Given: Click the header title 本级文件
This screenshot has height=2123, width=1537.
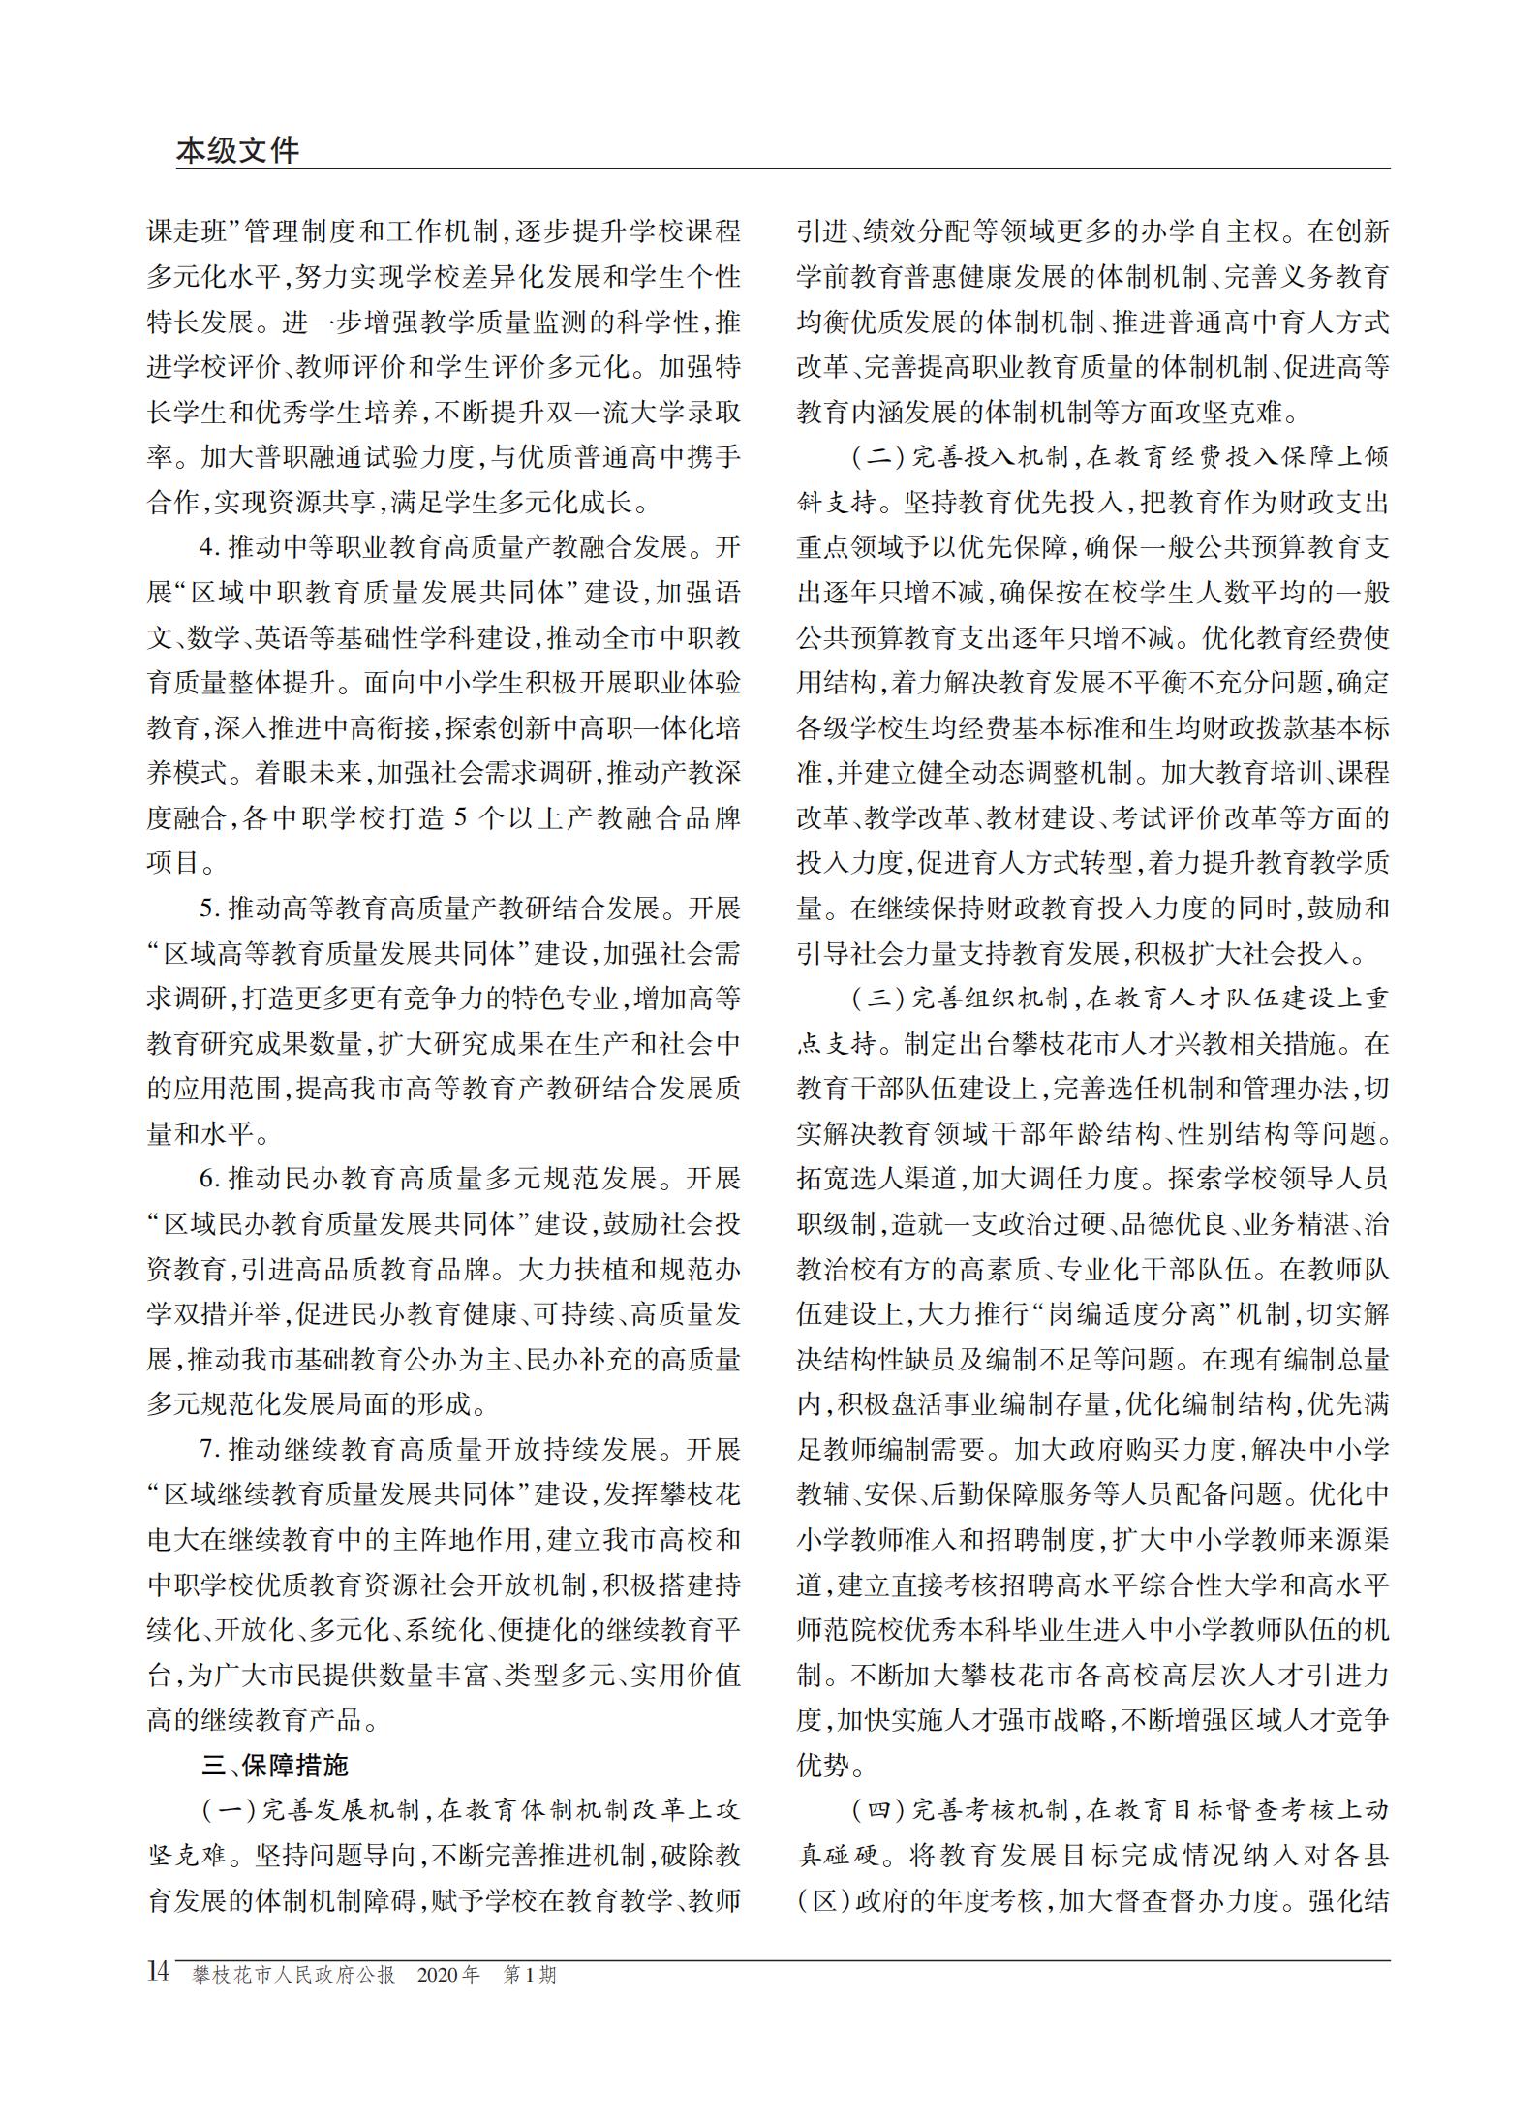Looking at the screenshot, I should coord(237,150).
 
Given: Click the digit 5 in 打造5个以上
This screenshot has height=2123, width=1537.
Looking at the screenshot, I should coord(460,818).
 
